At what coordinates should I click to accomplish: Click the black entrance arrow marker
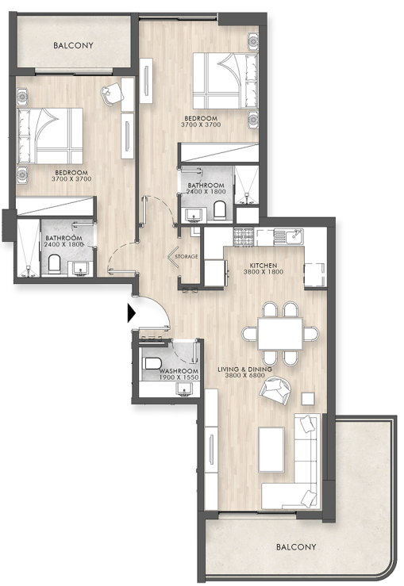[131, 312]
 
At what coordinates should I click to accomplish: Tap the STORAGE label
[187, 256]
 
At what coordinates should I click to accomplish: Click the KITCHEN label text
[264, 266]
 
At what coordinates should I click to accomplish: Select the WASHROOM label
[179, 371]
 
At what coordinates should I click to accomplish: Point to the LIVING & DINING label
[244, 370]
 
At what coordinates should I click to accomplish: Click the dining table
[280, 333]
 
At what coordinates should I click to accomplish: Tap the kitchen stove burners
[244, 238]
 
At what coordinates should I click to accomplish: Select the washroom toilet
[152, 363]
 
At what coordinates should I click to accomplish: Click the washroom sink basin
[184, 389]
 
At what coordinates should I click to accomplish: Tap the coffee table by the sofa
[271, 450]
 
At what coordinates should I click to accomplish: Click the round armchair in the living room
[275, 390]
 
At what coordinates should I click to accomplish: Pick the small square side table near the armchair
[308, 399]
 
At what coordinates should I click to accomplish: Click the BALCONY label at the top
[73, 45]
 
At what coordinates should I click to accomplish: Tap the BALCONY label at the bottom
[296, 547]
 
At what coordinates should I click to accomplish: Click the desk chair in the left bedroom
[112, 93]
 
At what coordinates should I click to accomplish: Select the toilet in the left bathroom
[54, 264]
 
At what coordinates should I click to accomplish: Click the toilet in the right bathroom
[220, 210]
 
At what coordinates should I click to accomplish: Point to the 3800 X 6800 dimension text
[244, 376]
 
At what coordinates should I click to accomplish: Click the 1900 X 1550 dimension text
[179, 377]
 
